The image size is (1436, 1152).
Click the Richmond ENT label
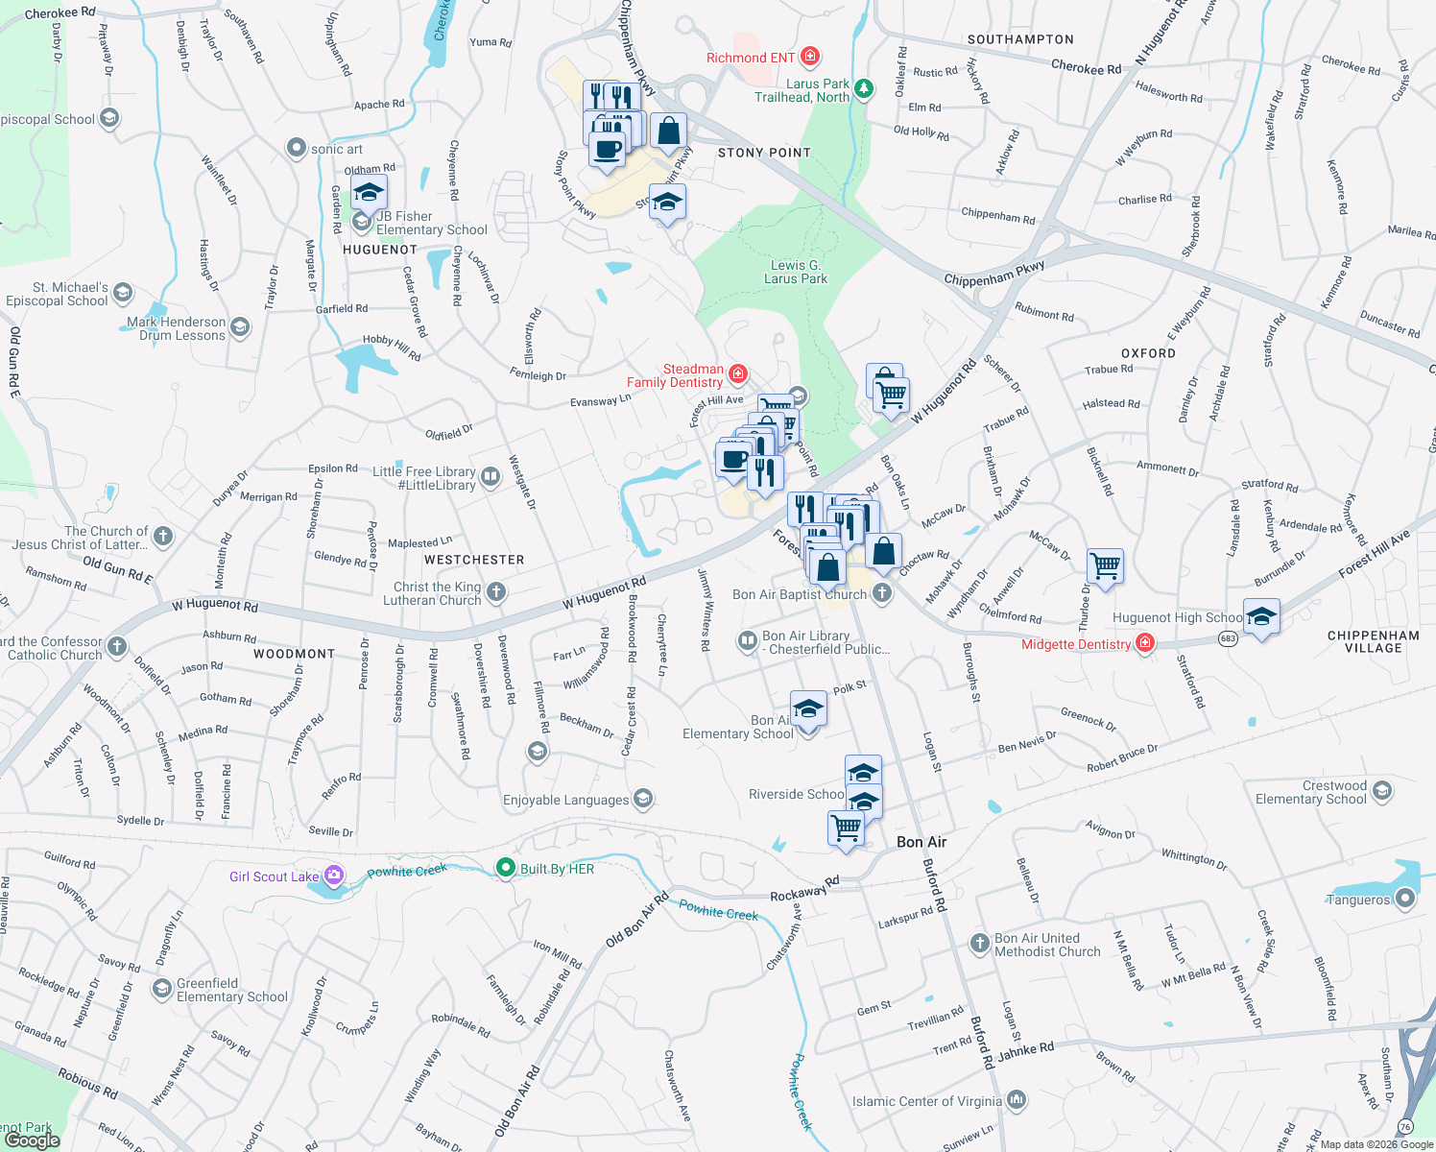click(751, 58)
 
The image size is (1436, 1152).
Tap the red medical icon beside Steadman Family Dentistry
click(738, 373)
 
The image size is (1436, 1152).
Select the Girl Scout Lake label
click(274, 876)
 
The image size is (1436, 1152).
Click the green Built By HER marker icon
click(505, 868)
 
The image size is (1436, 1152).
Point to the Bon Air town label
click(921, 842)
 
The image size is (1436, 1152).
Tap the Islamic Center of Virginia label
click(926, 1101)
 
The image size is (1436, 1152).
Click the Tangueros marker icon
click(1405, 899)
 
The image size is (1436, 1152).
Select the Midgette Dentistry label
click(1076, 644)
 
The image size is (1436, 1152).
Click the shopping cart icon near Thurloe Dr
click(1105, 565)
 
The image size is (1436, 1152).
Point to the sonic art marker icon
click(297, 149)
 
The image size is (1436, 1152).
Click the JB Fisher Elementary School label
click(431, 223)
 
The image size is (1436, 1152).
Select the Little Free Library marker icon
click(491, 476)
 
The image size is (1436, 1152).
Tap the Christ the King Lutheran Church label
click(437, 593)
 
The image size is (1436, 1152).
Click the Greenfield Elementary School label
click(231, 990)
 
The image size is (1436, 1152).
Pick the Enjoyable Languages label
click(565, 800)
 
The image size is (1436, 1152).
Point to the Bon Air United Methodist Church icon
click(979, 944)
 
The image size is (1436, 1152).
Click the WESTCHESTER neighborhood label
click(474, 560)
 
